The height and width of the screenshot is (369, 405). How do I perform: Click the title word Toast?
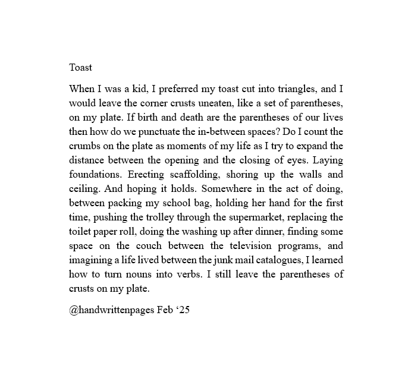[81, 67]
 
